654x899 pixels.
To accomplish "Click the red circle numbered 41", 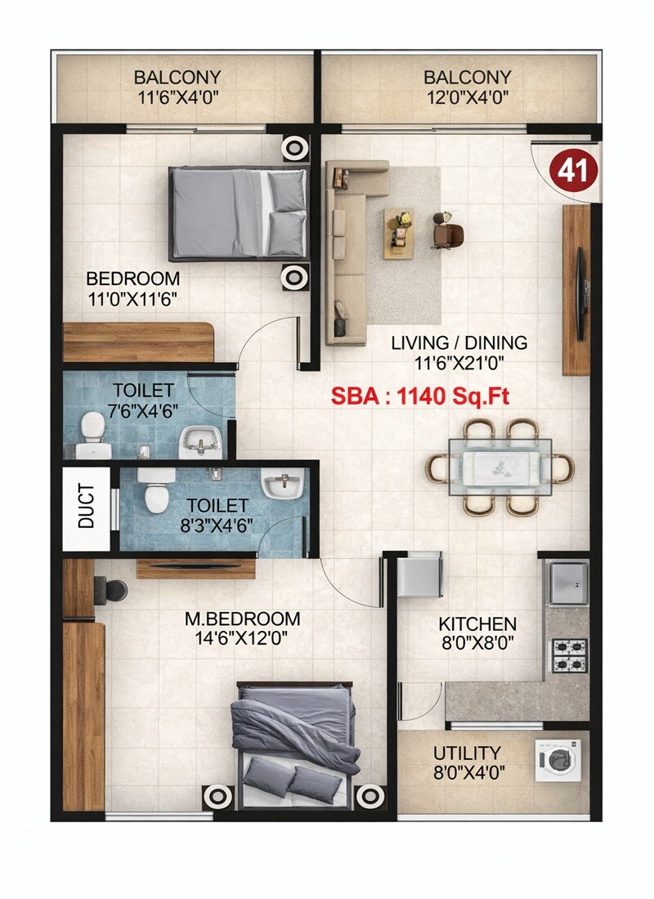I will [578, 171].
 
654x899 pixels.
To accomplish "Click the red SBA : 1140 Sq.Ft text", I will [420, 397].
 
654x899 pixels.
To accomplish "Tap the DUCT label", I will [87, 508].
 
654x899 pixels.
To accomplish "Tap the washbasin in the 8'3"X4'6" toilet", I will [282, 486].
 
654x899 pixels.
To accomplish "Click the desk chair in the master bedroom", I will [111, 589].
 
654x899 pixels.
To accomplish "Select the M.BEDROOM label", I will [241, 619].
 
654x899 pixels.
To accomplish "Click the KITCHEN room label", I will [478, 624].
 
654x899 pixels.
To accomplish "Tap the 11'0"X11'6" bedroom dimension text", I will [132, 297].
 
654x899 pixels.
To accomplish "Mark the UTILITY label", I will [468, 752].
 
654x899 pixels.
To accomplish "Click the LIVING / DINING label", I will [458, 342].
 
